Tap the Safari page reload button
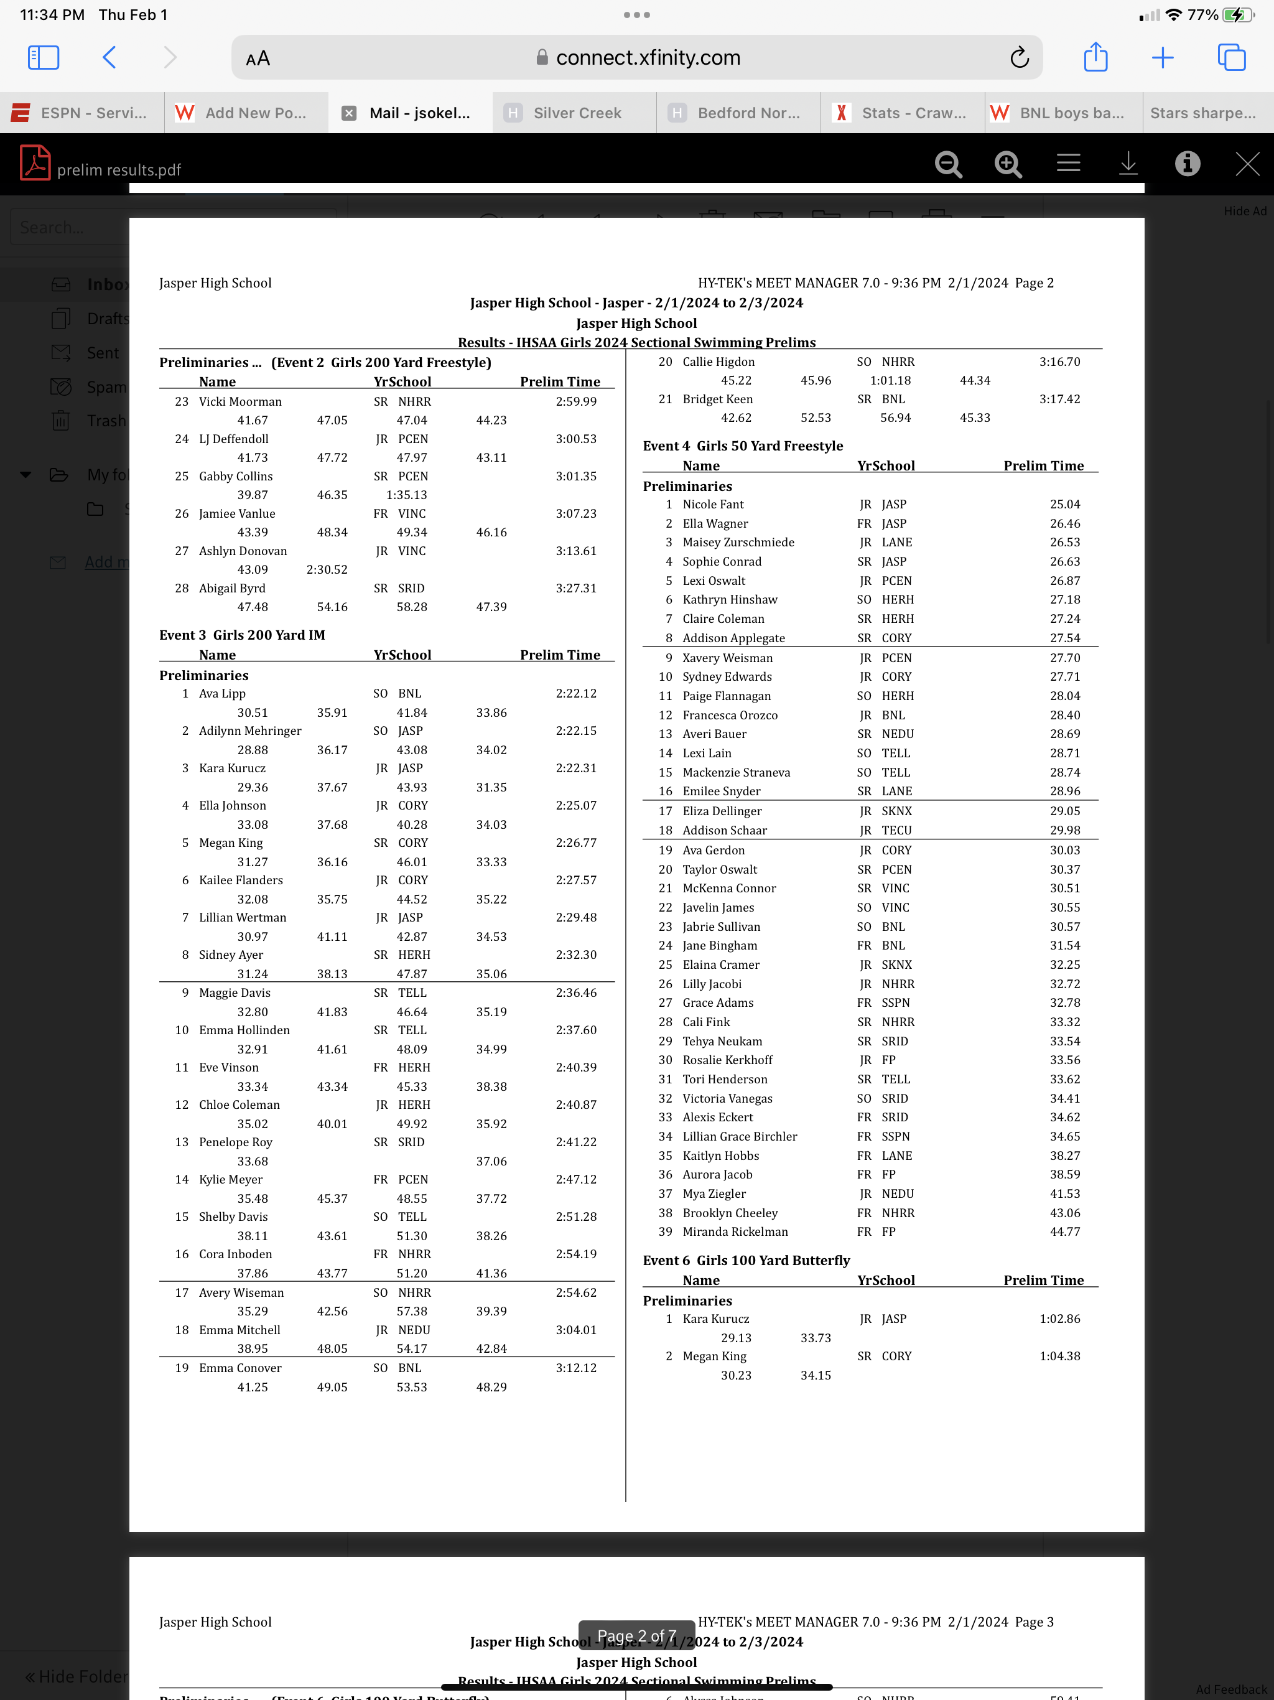tap(1019, 58)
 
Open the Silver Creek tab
tap(576, 113)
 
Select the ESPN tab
tap(81, 113)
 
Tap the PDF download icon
tap(1127, 164)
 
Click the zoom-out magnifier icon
tap(948, 164)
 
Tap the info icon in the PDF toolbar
tap(1187, 164)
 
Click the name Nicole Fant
tap(713, 504)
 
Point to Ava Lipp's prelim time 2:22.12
tap(575, 693)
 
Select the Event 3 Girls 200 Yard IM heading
tap(242, 635)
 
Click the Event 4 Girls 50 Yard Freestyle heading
tap(742, 446)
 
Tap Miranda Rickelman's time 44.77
tap(1064, 1231)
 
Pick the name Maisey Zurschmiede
tap(738, 542)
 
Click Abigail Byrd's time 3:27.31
tap(575, 588)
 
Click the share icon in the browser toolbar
tap(1095, 58)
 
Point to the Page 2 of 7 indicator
tap(636, 1635)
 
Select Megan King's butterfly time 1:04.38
tap(1059, 1357)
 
